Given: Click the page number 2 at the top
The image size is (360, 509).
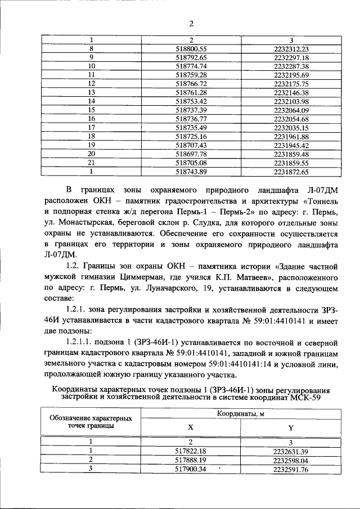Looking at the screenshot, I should click(x=191, y=23).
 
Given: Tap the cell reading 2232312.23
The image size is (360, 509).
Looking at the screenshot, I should click(x=291, y=48).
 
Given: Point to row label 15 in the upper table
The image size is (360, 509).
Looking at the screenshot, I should click(x=91, y=110).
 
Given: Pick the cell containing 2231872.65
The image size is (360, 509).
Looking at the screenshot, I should click(x=291, y=172).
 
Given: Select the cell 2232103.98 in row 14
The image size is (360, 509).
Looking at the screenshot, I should click(x=291, y=101).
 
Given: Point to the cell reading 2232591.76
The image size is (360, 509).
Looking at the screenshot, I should click(x=291, y=469).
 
